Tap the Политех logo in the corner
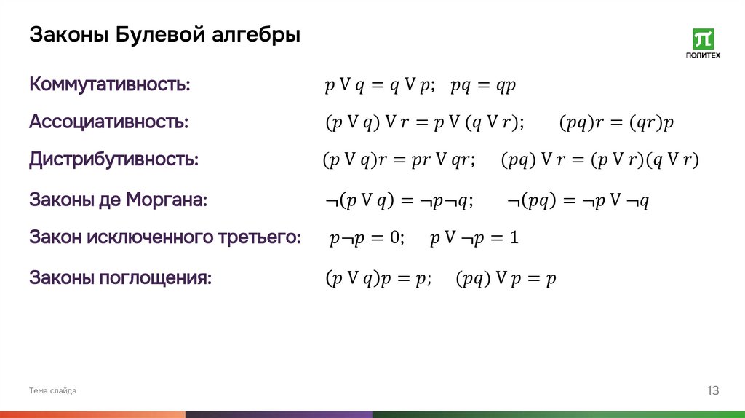[x=703, y=44]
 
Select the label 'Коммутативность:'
[x=110, y=84]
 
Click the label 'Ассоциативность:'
[x=108, y=122]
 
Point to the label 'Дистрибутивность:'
[x=113, y=159]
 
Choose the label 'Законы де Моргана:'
[x=118, y=200]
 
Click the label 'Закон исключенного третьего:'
[x=164, y=237]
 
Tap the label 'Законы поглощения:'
[x=120, y=277]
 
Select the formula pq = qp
[x=483, y=86]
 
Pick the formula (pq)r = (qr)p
[x=616, y=123]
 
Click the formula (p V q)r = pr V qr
[x=398, y=161]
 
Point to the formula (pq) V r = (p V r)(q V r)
[x=599, y=161]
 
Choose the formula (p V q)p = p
[x=378, y=279]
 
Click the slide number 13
[x=712, y=391]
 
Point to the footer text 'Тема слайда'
[x=52, y=391]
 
